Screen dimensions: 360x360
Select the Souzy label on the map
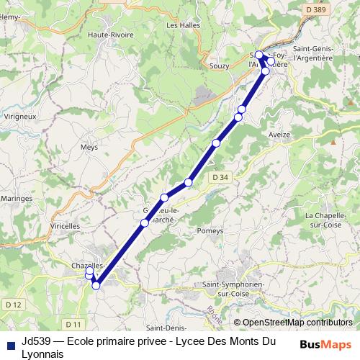[x=219, y=66]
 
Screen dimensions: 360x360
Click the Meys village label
[x=89, y=146]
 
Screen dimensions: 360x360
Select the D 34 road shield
[x=220, y=176]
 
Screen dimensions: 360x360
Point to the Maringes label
[x=17, y=197]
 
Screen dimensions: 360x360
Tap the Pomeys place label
[x=210, y=230]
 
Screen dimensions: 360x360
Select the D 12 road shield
[x=13, y=305]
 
